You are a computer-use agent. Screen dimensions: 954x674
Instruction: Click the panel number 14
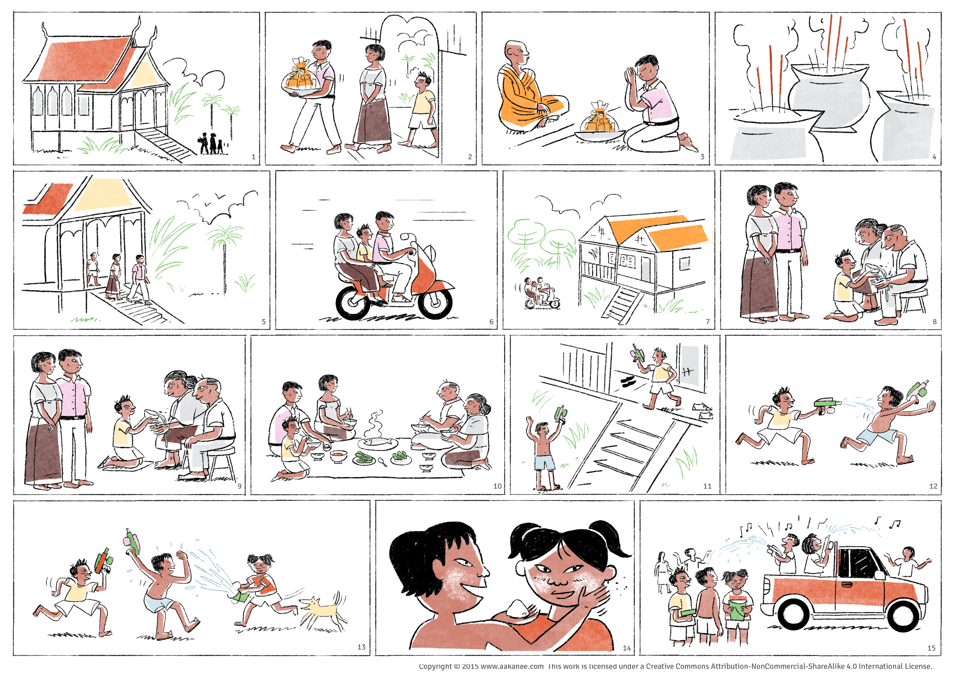(x=627, y=648)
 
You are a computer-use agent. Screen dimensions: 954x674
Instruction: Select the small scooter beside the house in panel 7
(x=542, y=294)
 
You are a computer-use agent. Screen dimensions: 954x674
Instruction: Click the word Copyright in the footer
(x=435, y=666)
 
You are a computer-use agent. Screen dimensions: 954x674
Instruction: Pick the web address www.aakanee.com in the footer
(x=512, y=666)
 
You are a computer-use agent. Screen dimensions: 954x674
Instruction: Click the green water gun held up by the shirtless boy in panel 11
(x=560, y=413)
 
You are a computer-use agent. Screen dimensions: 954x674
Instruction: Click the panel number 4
(x=934, y=157)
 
